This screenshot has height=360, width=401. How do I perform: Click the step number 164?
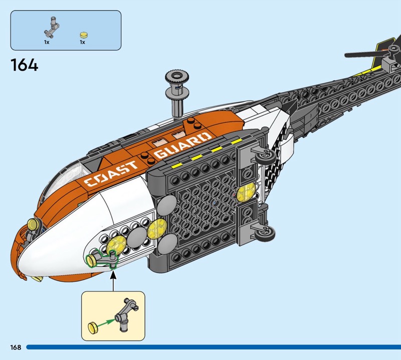(x=24, y=65)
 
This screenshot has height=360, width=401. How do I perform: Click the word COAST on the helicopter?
(x=111, y=173)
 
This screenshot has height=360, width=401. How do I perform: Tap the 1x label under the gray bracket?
(x=47, y=43)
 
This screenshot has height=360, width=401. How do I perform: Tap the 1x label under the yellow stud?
(x=82, y=43)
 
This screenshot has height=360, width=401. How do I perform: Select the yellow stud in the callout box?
(x=93, y=328)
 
